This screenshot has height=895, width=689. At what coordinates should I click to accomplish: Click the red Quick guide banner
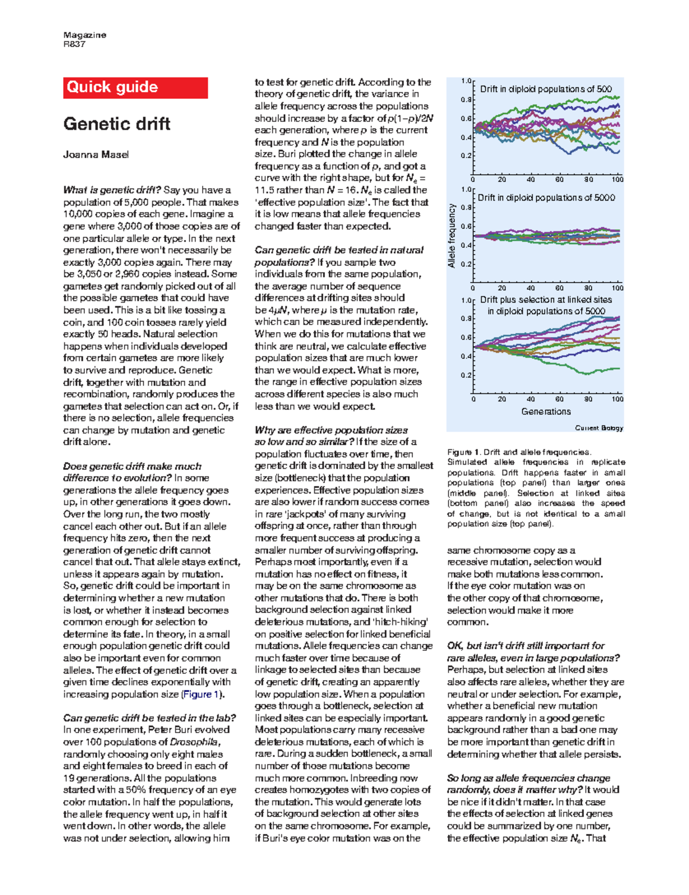tap(136, 87)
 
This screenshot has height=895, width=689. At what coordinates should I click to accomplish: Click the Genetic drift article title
tap(117, 124)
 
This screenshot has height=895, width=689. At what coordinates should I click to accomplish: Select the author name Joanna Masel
tap(96, 155)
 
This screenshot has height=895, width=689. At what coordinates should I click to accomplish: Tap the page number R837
tap(74, 44)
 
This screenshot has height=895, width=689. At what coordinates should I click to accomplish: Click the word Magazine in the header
tap(84, 35)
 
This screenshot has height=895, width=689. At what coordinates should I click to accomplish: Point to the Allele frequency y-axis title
tap(452, 236)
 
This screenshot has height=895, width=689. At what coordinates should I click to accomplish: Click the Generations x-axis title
tap(545, 411)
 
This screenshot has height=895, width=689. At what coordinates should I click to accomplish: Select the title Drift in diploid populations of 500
tap(545, 89)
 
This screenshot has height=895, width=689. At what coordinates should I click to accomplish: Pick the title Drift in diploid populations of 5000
tap(546, 198)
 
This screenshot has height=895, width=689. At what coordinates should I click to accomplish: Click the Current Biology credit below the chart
tap(599, 428)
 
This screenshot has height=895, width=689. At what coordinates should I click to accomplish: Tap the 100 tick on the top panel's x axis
tap(617, 180)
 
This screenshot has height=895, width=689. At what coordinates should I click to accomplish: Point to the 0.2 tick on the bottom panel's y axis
tap(466, 375)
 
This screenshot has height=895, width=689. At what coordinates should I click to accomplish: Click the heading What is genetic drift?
tap(112, 190)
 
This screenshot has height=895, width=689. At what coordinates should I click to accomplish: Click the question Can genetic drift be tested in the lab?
tap(149, 717)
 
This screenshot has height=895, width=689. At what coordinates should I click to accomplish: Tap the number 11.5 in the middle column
tap(266, 190)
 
